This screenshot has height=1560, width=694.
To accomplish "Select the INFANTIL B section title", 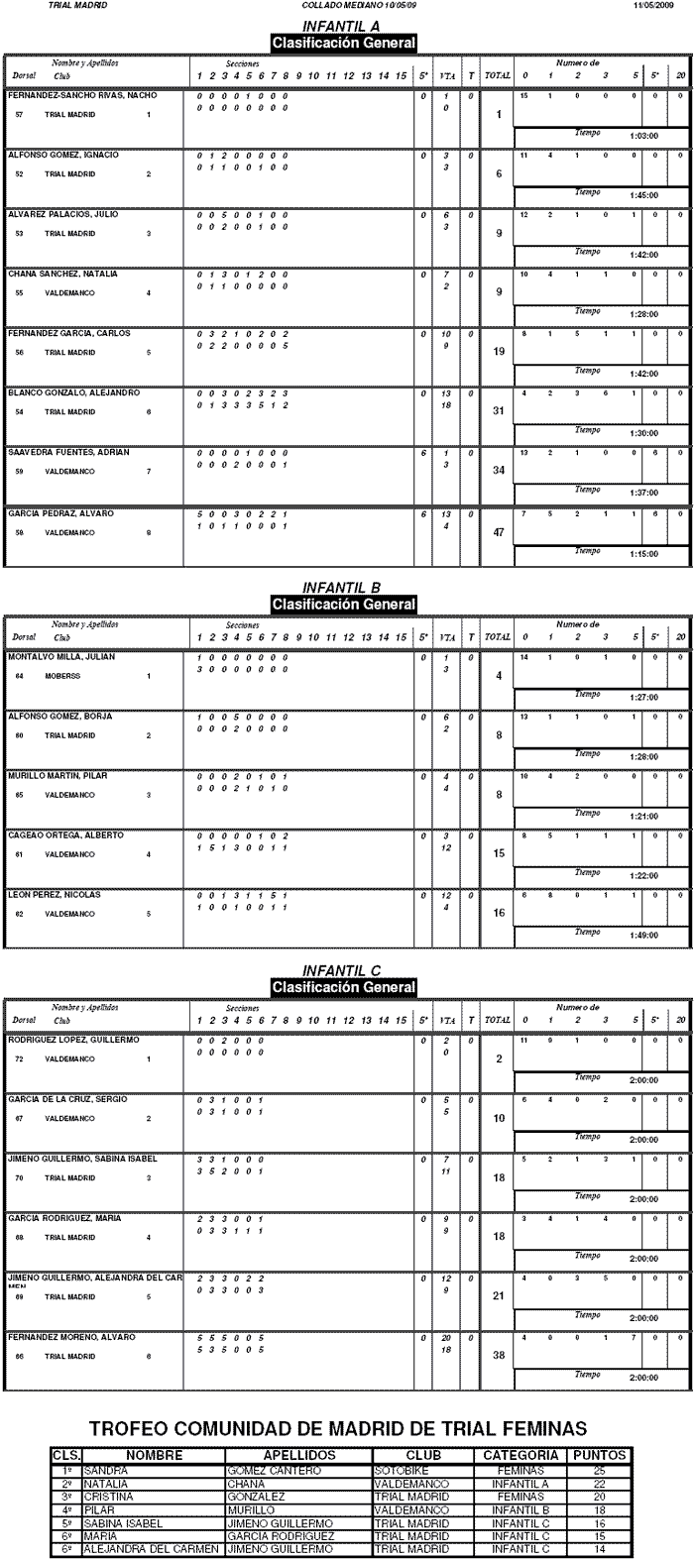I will [x=342, y=588].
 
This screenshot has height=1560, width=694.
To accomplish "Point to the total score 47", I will [x=499, y=532].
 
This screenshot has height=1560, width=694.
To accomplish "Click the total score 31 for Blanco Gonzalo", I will [x=499, y=413].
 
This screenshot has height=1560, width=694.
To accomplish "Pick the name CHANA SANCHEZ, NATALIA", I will [x=50, y=274].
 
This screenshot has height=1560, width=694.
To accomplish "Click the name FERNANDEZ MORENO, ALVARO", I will [x=58, y=1337].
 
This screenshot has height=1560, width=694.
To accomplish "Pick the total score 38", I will [x=499, y=1358].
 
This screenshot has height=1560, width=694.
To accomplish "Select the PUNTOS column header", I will [x=599, y=1455].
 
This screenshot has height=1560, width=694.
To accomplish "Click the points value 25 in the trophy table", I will [x=599, y=1470].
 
